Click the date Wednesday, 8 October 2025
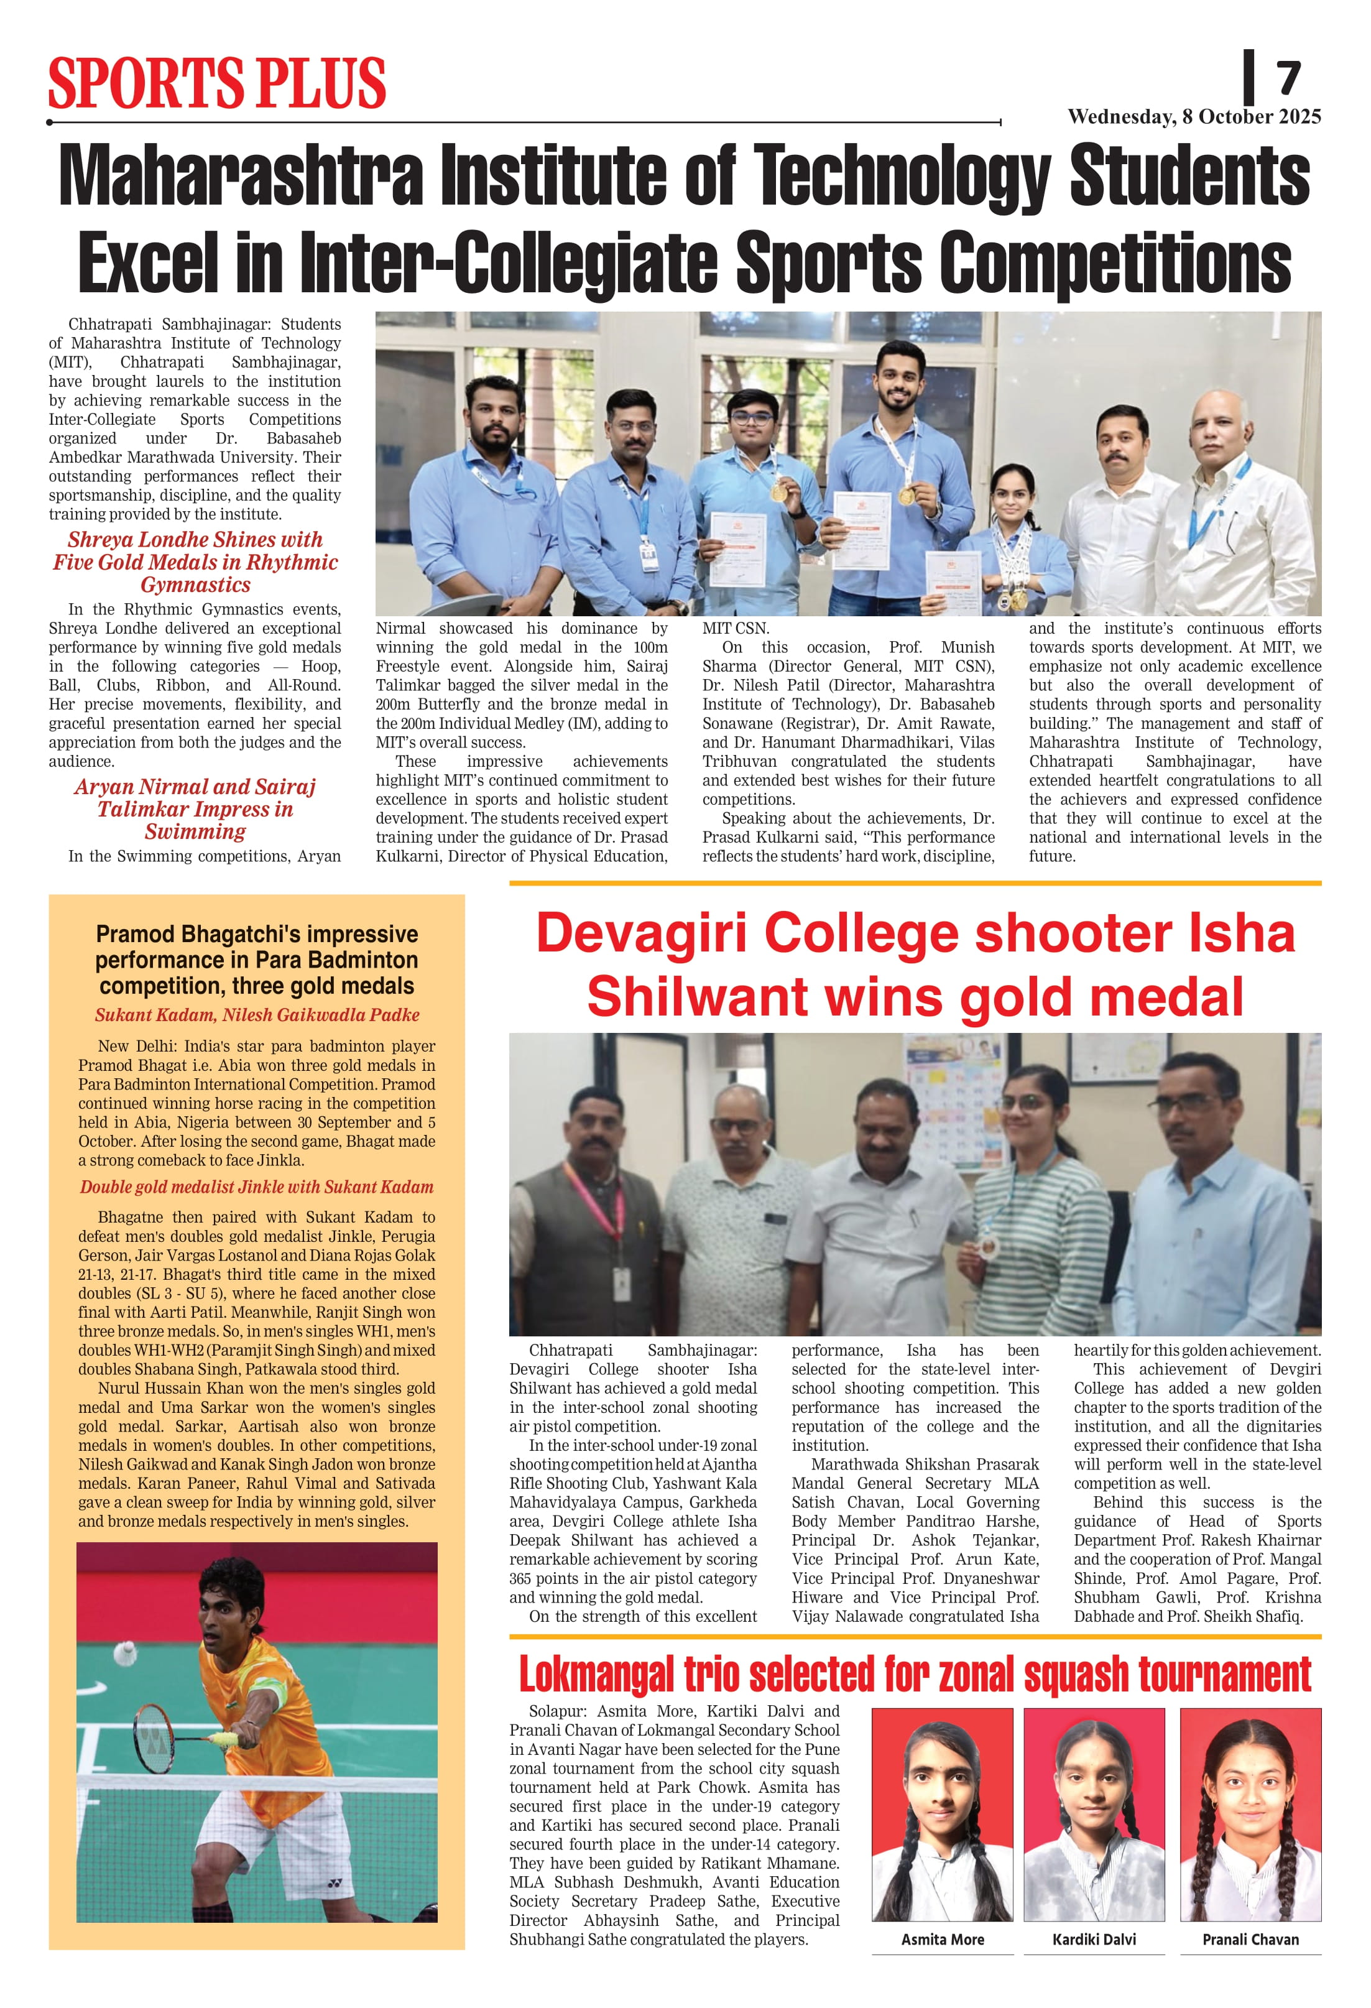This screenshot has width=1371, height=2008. coord(1193,117)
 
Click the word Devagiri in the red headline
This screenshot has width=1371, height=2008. coord(643,934)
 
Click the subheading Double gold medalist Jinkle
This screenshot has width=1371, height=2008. coord(257,1187)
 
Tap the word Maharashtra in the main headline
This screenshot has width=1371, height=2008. coord(241,175)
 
